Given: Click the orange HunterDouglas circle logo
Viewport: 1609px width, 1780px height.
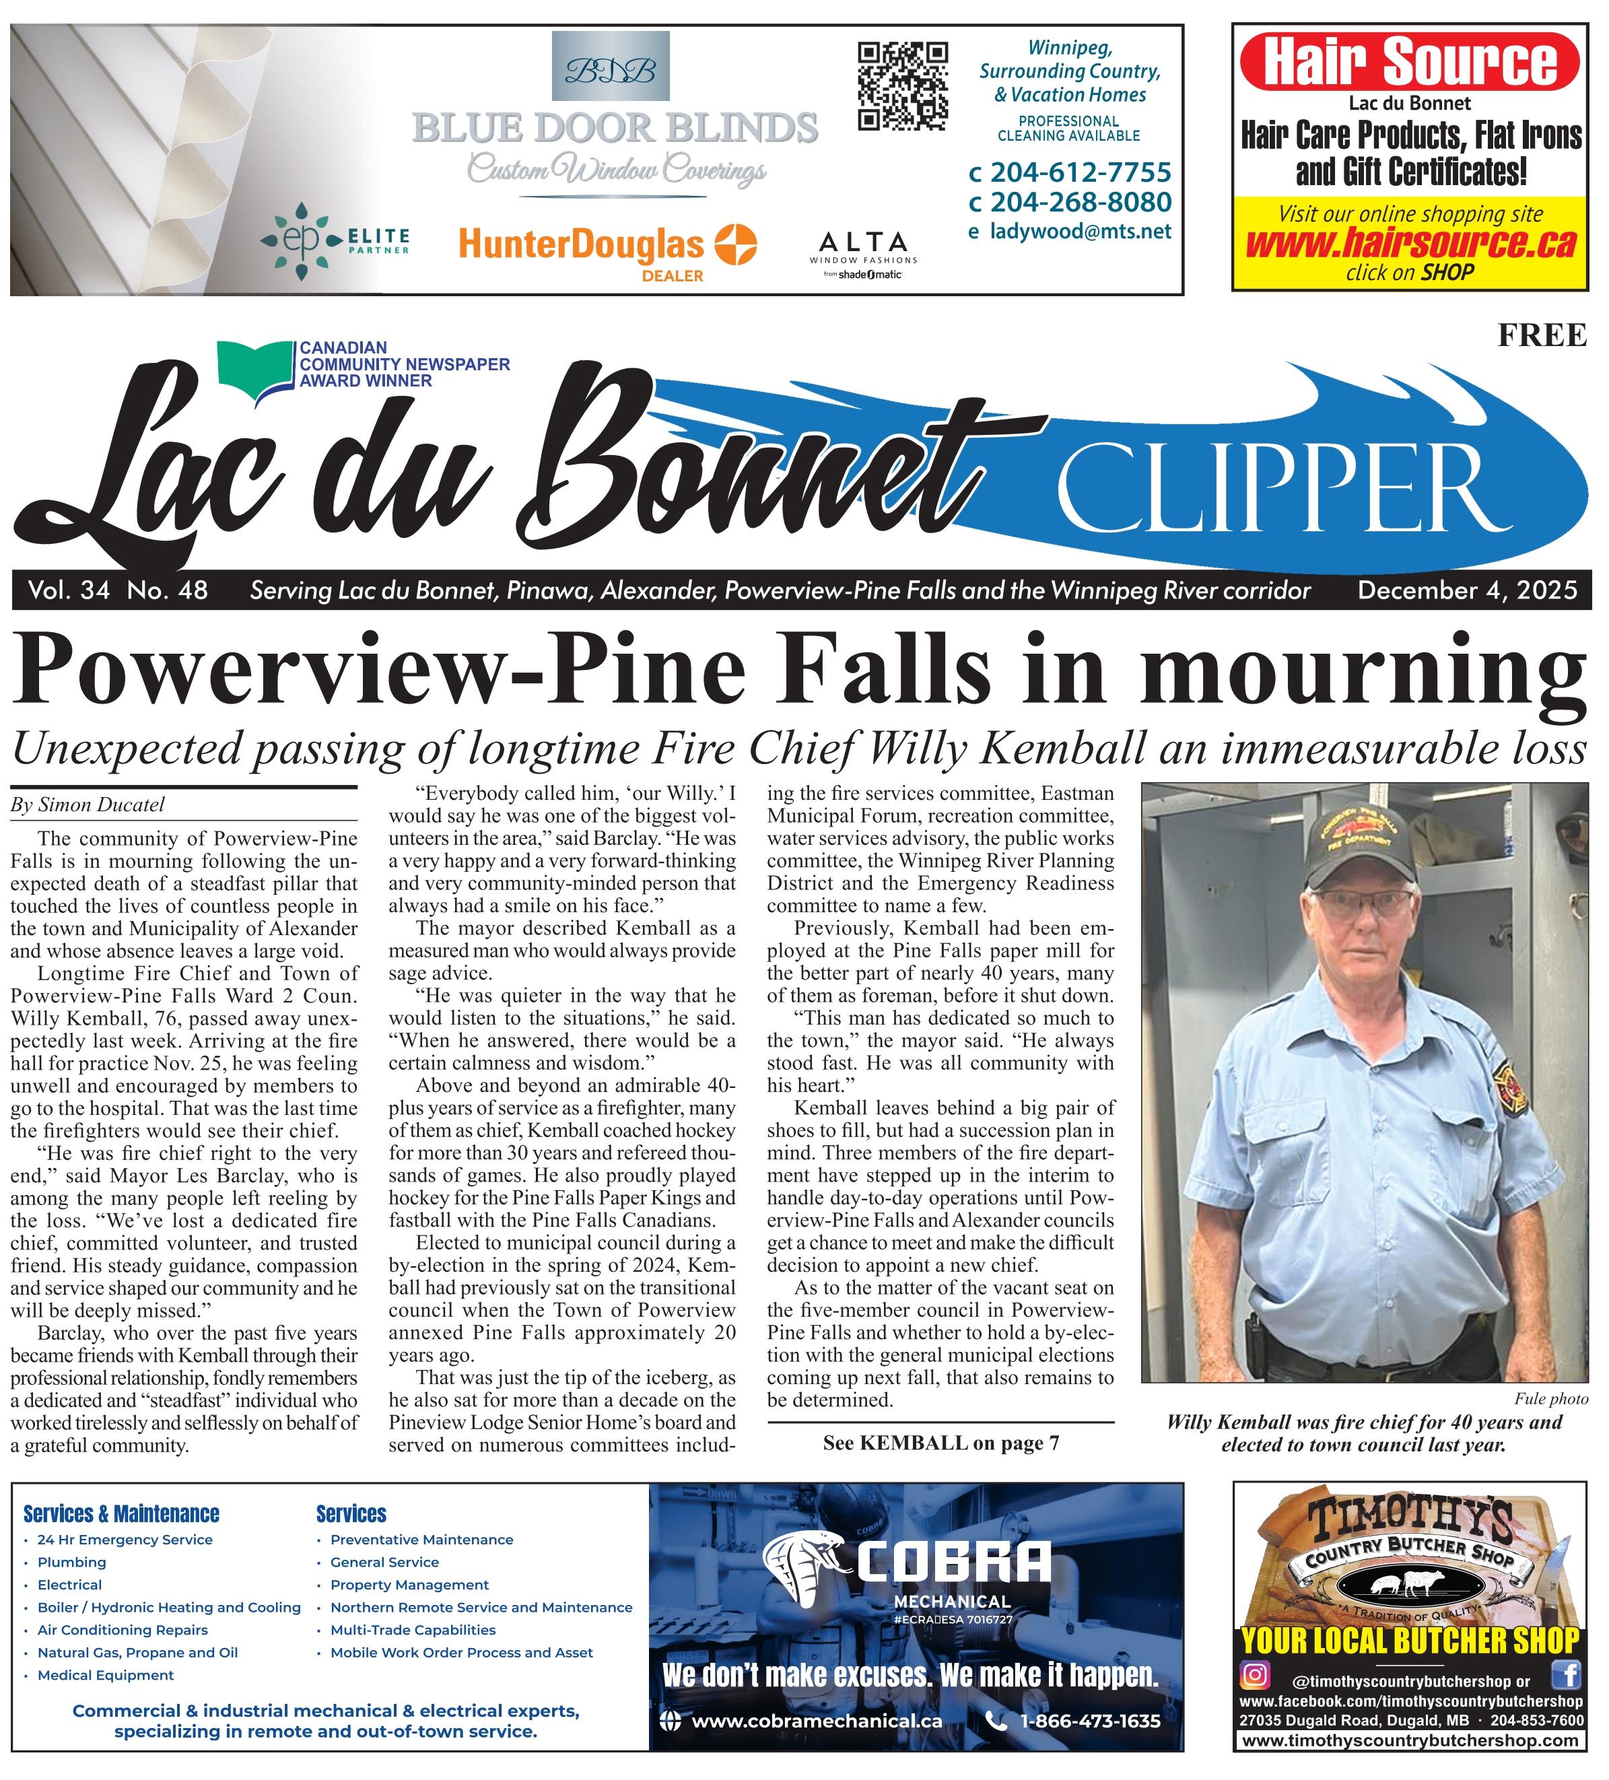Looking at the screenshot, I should click(734, 244).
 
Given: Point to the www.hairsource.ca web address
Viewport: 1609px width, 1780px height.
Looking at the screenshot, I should click(1410, 244).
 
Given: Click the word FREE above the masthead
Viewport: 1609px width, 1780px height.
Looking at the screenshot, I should click(1541, 335).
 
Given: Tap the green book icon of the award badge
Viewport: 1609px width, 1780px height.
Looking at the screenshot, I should click(254, 368).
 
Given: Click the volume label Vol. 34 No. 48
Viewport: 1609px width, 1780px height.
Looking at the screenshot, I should click(117, 590).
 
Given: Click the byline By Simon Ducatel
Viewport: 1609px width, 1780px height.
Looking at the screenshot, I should click(88, 805).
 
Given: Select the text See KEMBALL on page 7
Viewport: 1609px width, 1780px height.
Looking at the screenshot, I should click(940, 1443).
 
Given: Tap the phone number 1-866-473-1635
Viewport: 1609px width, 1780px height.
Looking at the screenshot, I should click(1089, 1720).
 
